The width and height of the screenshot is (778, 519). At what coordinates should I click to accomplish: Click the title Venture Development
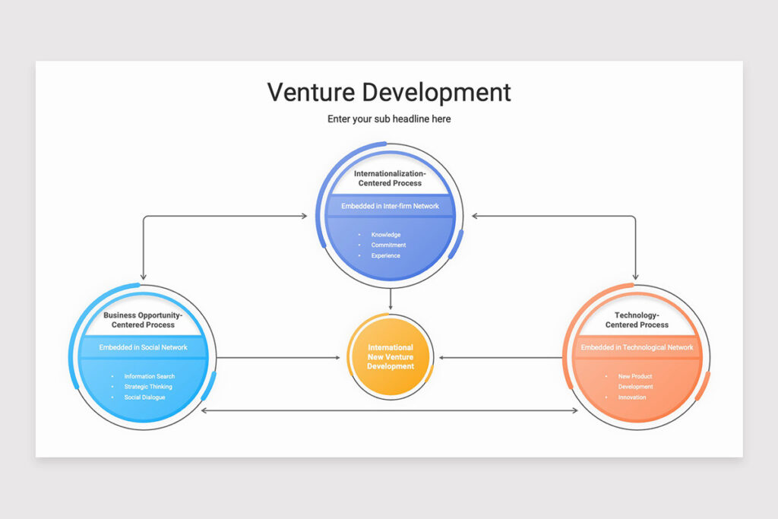point(389,93)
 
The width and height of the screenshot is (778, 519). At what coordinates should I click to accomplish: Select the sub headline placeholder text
point(389,119)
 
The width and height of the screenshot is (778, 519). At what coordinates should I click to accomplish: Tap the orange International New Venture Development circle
point(391,356)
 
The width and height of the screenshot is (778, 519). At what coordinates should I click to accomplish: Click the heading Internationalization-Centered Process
point(390,179)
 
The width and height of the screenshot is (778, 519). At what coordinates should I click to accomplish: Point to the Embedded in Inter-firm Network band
point(390,206)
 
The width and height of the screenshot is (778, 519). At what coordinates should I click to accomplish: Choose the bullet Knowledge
point(386,235)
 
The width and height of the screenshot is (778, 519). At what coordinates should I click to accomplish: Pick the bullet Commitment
point(388,245)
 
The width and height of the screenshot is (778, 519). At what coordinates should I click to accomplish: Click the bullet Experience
point(386,256)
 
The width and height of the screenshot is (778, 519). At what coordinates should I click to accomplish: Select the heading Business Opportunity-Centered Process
point(143,320)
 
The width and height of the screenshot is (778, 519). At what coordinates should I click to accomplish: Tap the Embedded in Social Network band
point(143,347)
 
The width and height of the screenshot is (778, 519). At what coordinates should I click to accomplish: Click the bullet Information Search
point(149,376)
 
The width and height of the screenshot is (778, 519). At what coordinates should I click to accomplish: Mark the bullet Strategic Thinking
point(148,387)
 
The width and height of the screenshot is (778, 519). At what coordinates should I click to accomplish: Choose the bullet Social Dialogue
point(144,397)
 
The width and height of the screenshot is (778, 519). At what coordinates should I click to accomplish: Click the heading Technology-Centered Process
point(637,320)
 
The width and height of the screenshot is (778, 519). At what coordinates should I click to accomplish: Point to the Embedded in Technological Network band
point(637,347)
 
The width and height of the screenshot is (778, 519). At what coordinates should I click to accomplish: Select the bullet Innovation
point(632,397)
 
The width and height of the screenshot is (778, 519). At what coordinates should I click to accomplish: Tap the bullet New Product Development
point(635,381)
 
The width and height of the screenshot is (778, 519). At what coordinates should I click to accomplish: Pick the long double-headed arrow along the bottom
point(389,410)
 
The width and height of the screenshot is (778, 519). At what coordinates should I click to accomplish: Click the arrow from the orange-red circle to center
point(501,357)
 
